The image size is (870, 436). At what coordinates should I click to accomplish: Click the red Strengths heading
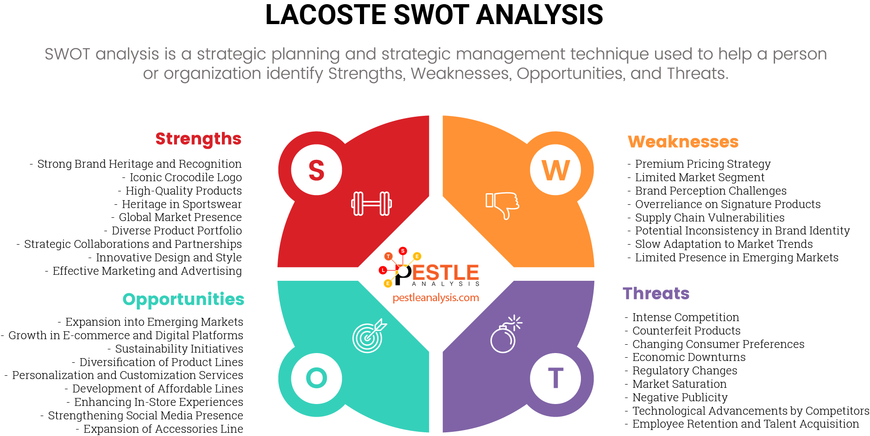(x=198, y=139)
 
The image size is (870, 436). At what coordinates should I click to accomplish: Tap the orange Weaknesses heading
(x=683, y=142)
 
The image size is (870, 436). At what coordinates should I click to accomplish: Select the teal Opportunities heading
(x=183, y=300)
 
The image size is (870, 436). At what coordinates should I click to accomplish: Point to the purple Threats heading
(x=656, y=294)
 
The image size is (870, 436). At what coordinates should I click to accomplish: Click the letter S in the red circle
(x=316, y=170)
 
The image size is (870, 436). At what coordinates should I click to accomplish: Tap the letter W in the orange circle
(x=555, y=170)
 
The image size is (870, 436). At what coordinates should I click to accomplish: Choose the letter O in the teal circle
(x=316, y=378)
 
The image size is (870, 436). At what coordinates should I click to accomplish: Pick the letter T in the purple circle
(x=555, y=378)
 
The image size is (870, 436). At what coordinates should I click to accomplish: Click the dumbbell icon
(x=372, y=203)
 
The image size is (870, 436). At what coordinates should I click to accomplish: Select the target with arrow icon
(x=369, y=336)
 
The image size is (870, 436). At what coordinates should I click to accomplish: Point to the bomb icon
(x=505, y=335)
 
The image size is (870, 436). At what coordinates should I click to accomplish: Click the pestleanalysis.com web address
(x=435, y=298)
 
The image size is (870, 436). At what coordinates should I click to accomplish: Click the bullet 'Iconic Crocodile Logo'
(x=185, y=177)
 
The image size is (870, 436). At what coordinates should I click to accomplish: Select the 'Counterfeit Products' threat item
(x=686, y=331)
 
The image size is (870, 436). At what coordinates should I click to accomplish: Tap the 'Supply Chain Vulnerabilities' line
(x=709, y=218)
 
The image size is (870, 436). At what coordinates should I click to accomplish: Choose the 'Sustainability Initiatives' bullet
(x=179, y=349)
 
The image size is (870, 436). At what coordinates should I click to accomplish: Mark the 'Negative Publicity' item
(x=680, y=398)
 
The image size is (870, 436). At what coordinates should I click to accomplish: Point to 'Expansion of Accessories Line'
(x=163, y=429)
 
